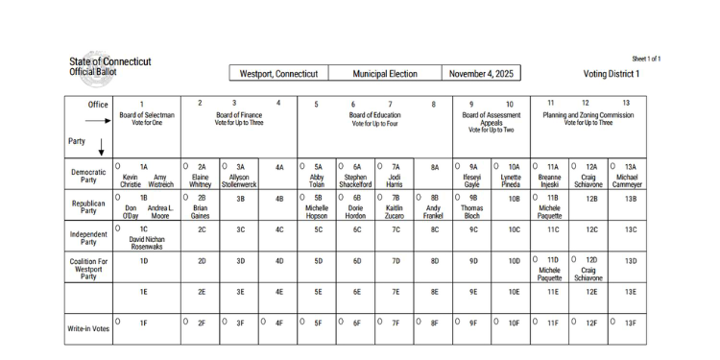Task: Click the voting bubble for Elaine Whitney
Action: [x=185, y=166]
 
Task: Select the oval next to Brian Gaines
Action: [x=185, y=197]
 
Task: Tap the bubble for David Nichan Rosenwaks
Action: [x=118, y=228]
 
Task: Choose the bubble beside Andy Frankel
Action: [x=420, y=197]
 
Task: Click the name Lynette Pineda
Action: [x=511, y=181]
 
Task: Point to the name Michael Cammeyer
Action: [x=627, y=181]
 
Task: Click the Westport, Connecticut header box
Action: [x=278, y=74]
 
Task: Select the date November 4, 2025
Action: [x=482, y=74]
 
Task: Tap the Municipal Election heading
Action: [x=385, y=74]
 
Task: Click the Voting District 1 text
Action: [x=611, y=74]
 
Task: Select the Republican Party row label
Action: [x=88, y=207]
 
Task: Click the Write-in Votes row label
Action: [x=88, y=328]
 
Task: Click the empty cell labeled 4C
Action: [x=278, y=229]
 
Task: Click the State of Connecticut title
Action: [x=109, y=62]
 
